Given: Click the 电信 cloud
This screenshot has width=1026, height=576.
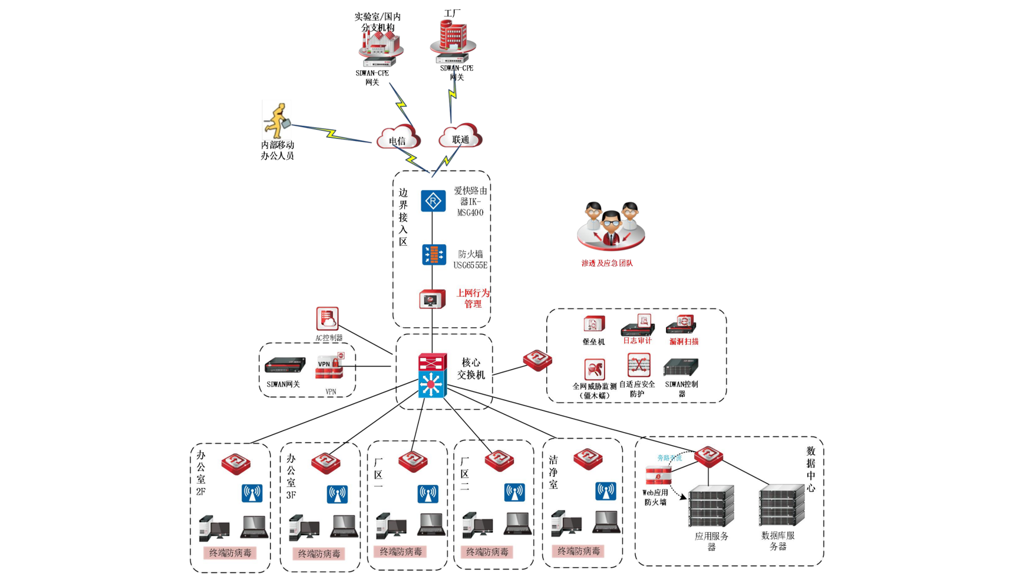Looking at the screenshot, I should point(398,137).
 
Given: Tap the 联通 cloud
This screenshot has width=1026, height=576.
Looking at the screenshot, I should point(460,136).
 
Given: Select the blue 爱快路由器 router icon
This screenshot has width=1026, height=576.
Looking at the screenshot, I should point(433,201).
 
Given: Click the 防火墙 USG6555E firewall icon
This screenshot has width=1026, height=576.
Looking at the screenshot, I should point(434,255).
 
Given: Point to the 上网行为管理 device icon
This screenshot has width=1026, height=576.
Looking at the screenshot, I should point(432,299).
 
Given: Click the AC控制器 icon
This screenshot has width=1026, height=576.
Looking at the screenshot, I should point(327,319).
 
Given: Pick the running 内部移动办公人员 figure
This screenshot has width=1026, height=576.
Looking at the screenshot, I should point(276,121).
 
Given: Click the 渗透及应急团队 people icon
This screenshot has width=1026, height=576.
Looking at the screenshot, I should point(611,227).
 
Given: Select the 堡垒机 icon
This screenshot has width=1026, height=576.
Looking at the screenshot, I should point(593,325).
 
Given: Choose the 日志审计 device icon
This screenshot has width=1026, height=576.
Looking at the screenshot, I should point(638,325).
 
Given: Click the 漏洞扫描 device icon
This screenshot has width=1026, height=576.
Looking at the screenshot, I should point(681,325).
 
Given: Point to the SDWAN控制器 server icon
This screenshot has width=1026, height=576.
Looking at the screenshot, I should point(681,367).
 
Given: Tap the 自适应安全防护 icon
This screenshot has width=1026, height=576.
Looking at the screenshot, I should point(638,366).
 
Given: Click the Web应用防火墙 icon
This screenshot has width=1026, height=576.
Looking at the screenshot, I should point(658,476).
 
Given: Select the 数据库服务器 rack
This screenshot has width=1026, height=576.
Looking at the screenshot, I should point(781,505).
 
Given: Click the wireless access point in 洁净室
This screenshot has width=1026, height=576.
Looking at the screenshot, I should point(605,491).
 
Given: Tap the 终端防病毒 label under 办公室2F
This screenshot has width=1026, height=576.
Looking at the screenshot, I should point(230,553).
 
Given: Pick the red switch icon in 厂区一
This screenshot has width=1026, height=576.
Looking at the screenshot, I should point(413,462).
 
